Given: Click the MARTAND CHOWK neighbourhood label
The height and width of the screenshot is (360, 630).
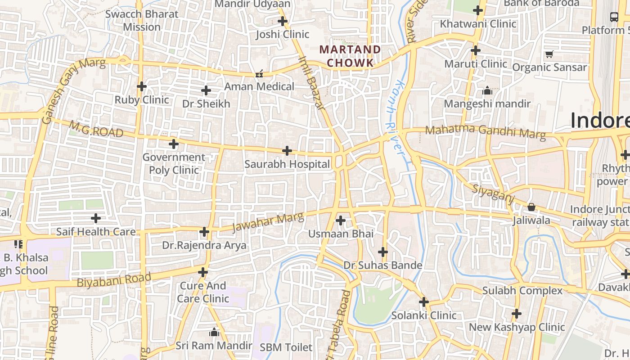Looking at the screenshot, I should (x=350, y=56).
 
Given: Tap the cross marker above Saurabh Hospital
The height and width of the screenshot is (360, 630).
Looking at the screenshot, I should (x=287, y=151).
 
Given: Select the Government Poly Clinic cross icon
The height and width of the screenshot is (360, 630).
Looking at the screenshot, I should (x=174, y=144).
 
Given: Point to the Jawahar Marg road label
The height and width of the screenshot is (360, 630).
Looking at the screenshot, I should (x=268, y=223).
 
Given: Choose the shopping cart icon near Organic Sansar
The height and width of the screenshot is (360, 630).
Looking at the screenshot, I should (x=549, y=54).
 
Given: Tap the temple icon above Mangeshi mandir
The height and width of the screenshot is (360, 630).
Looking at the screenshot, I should (x=487, y=91).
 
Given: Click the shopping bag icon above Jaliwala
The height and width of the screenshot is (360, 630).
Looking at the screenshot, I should (x=531, y=207).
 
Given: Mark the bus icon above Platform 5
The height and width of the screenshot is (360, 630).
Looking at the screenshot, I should (x=614, y=17).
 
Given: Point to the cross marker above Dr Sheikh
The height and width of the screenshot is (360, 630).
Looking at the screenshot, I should (x=206, y=90).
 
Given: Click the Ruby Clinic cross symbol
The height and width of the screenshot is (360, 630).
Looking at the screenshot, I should (x=142, y=86).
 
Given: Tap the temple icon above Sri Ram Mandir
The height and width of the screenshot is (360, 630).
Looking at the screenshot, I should (x=214, y=333).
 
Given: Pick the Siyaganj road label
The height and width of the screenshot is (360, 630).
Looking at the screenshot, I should (x=493, y=194).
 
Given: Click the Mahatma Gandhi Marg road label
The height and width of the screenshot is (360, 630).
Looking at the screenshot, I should (x=485, y=132).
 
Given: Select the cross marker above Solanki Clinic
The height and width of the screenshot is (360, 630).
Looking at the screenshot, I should (x=424, y=302).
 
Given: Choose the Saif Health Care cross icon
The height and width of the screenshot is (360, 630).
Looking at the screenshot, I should (x=96, y=219).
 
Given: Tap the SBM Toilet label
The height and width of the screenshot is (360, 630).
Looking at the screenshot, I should (x=286, y=347).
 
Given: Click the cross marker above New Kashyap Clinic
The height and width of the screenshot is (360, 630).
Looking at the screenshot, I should (x=517, y=314).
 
